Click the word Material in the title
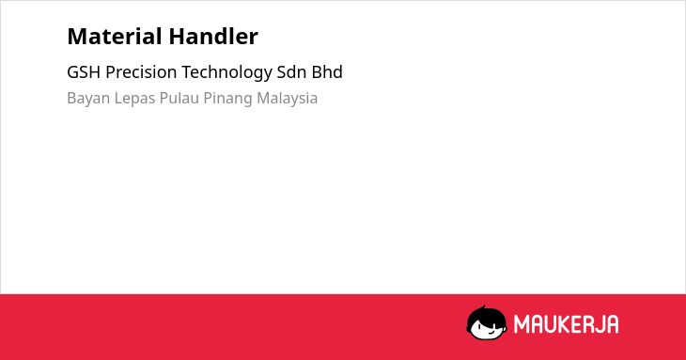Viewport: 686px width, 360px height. (115, 37)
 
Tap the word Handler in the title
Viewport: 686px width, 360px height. (213, 37)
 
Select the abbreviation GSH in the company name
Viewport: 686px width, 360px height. (84, 72)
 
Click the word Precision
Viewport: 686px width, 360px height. (141, 72)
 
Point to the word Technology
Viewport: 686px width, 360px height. (226, 73)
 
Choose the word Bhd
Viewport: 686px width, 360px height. (327, 72)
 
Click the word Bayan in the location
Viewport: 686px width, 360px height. (88, 99)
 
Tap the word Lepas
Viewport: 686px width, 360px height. (134, 99)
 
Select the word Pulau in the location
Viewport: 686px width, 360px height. (179, 98)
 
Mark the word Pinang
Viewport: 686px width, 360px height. (228, 99)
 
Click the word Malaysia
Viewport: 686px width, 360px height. (287, 99)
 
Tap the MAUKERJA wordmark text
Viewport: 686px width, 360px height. (566, 324)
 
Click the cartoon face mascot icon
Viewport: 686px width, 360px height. (487, 323)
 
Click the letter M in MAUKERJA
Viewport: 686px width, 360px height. (522, 324)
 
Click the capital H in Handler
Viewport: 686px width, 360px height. (178, 37)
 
